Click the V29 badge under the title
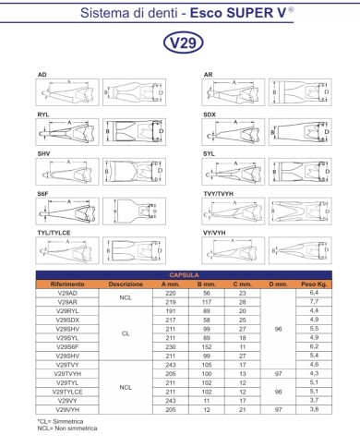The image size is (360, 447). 179,42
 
